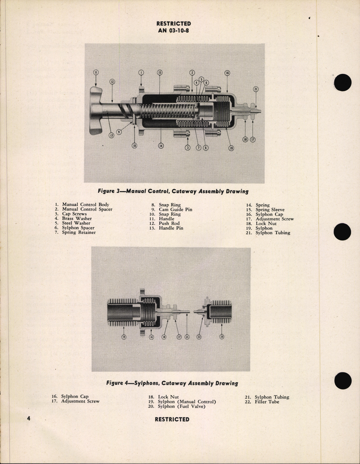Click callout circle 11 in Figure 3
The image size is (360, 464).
coord(96,73)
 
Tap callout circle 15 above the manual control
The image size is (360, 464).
coord(159,73)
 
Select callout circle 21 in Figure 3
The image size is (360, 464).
coord(255,89)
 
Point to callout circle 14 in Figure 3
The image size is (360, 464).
coord(161,146)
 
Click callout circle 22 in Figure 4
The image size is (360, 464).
coord(199,337)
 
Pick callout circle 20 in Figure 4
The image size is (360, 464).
coord(222,337)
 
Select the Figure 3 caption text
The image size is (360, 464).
coord(173,192)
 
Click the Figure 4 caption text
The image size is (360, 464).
coord(172,383)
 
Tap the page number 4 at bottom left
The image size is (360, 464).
coord(29,418)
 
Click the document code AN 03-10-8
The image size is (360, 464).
coord(173,30)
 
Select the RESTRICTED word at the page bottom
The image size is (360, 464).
coord(172,419)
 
